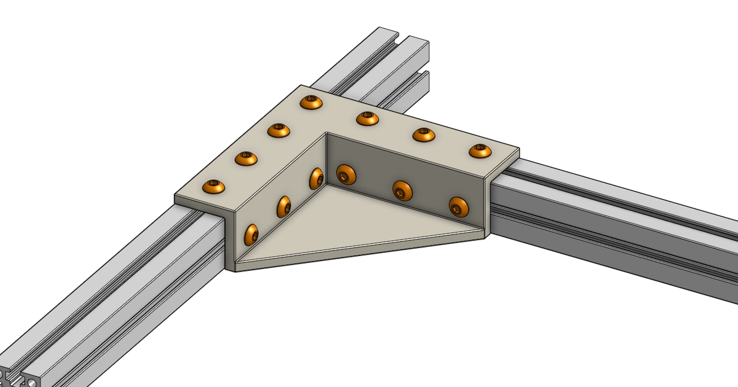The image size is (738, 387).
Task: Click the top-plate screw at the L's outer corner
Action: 311,102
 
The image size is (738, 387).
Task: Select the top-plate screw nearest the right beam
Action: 480,150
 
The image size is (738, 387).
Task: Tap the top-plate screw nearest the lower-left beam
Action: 213,186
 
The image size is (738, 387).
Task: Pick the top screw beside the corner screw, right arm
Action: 367,118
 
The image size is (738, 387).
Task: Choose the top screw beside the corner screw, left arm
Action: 279,130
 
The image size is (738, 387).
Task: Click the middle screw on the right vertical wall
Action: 402,190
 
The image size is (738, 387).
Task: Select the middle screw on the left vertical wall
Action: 284,206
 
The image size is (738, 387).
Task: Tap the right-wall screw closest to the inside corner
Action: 346,174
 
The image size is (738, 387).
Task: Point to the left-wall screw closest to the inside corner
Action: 317,178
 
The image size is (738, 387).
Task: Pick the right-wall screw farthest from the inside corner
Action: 458,207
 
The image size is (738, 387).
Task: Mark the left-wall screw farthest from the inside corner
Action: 252,235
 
